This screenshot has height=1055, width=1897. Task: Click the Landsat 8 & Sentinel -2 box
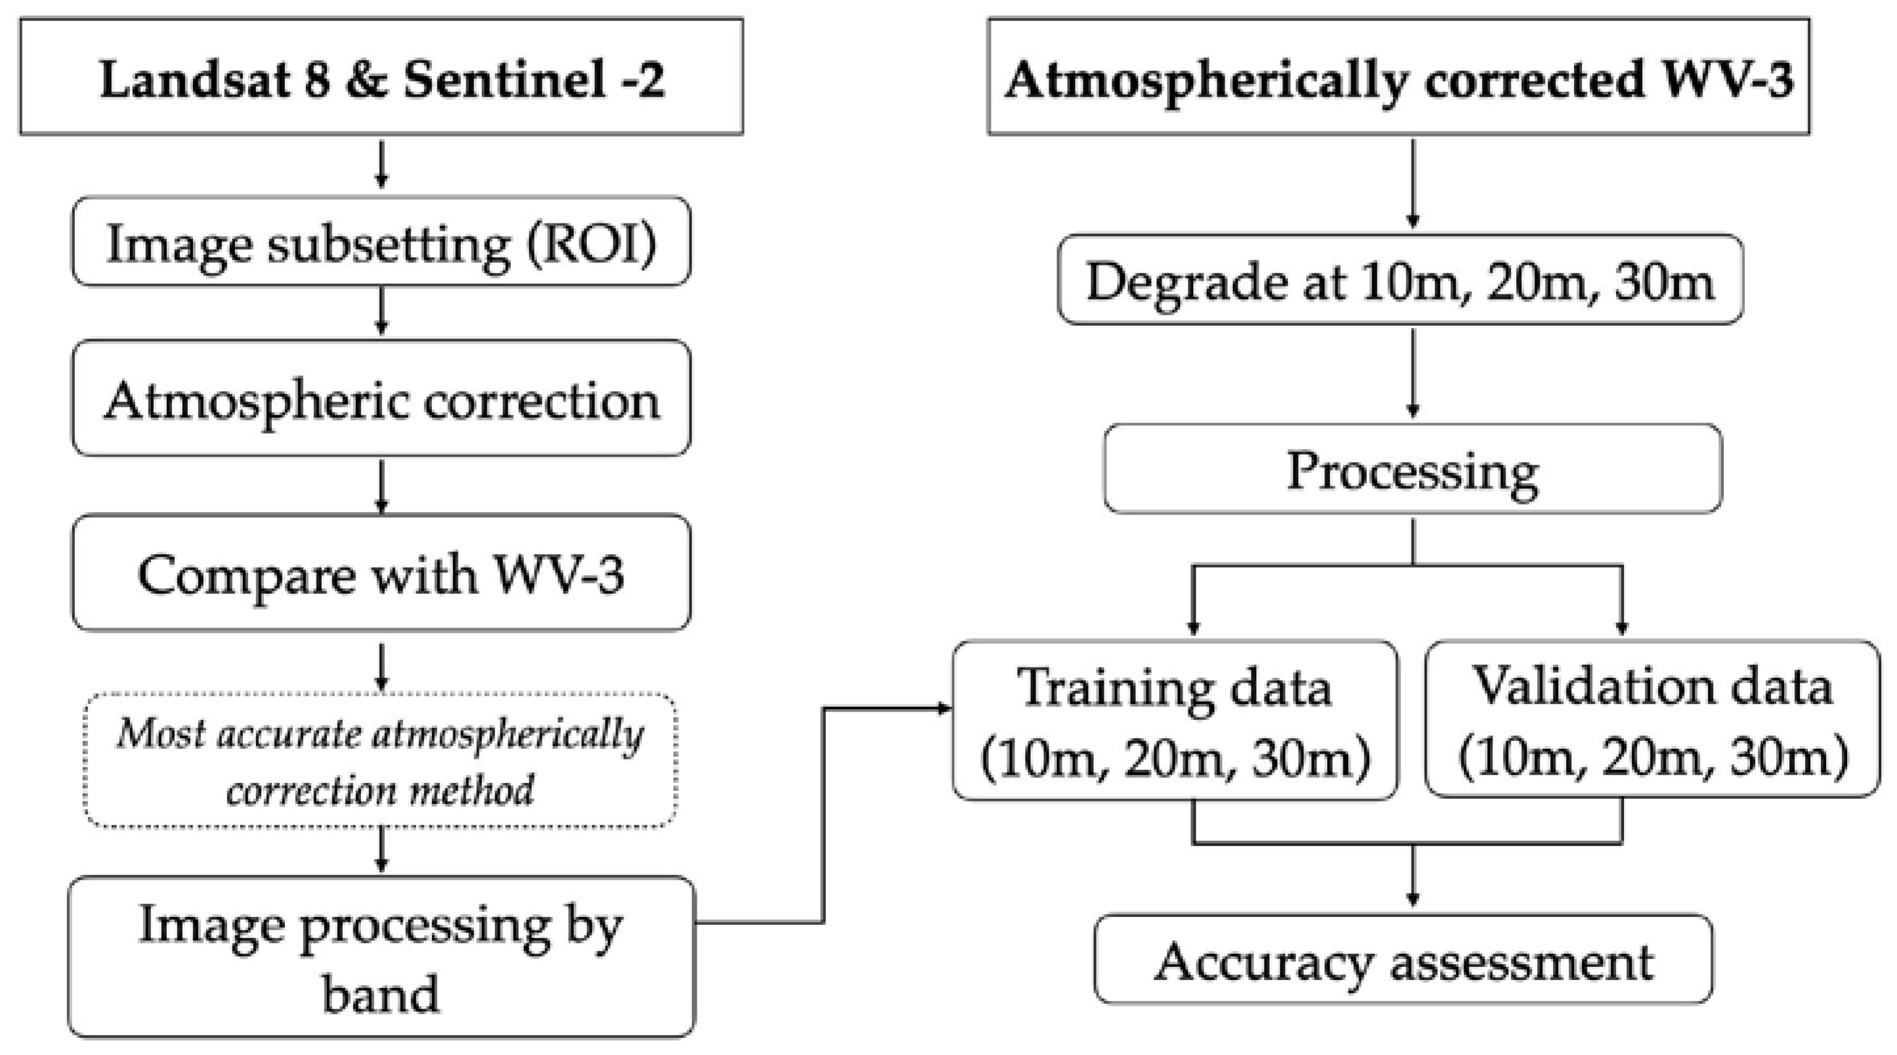point(381,77)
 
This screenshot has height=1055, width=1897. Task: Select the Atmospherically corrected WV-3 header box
point(1398,77)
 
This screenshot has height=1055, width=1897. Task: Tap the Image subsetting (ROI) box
point(381,242)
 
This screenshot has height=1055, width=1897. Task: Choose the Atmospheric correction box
point(381,399)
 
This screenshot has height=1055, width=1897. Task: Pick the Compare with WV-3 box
point(381,573)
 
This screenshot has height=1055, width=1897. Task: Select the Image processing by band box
point(381,957)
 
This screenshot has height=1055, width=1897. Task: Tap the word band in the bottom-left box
point(381,993)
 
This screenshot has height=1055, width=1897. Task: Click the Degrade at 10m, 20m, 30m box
point(1399,280)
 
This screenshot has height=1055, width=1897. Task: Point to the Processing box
point(1412,469)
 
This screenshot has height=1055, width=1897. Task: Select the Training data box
point(1175,721)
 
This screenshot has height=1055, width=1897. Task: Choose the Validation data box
point(1652,719)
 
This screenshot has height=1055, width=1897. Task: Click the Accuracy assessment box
point(1403,960)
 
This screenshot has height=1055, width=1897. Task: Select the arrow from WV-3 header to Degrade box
point(1412,184)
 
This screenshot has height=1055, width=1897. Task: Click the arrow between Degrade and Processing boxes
point(1412,374)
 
